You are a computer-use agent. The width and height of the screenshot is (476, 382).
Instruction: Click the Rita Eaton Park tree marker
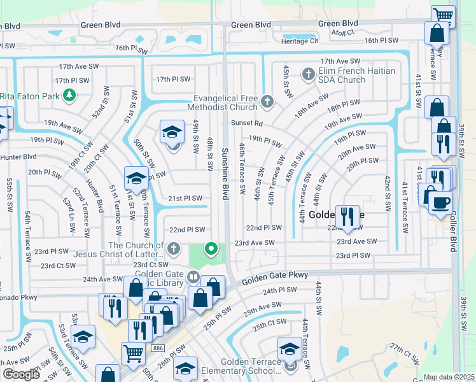69,96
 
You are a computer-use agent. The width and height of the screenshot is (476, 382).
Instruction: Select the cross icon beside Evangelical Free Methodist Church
267,101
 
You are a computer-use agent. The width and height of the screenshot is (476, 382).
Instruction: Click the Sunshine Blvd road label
225,174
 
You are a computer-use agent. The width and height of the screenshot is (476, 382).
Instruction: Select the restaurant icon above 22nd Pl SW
347,216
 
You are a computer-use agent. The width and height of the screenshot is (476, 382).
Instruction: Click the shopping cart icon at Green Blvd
443,15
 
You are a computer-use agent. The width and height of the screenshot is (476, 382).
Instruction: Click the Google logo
22,374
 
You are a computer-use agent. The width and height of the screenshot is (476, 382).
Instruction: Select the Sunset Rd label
247,125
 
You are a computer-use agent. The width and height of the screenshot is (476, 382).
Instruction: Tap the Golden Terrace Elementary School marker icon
289,349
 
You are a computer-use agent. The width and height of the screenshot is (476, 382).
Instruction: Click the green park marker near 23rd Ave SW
211,249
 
